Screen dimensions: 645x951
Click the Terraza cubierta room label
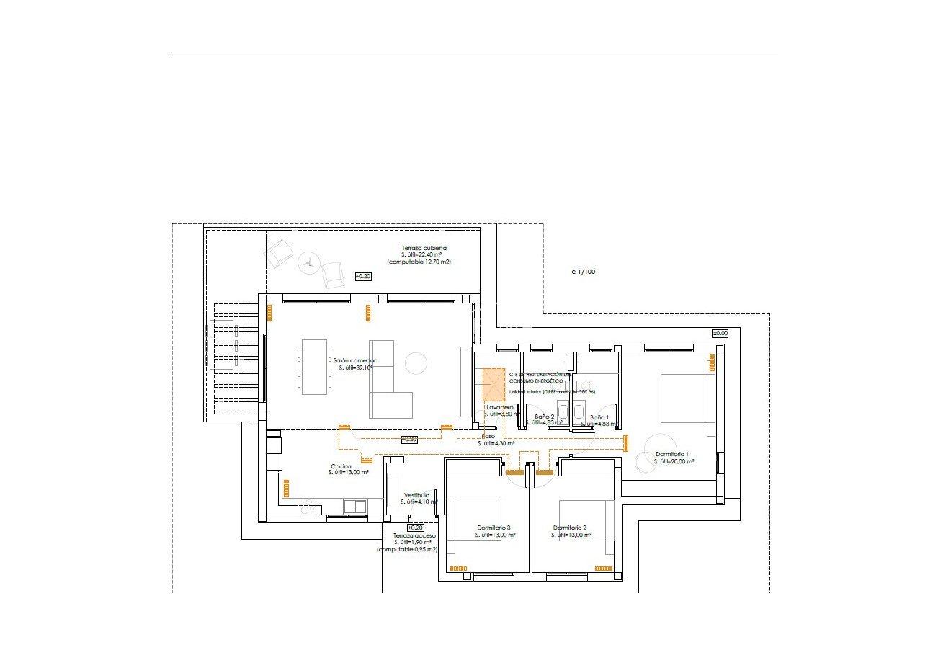click(x=424, y=248)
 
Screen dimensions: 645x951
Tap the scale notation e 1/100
click(x=583, y=272)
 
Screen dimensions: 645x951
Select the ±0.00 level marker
click(x=720, y=333)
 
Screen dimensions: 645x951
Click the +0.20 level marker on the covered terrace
click(x=364, y=276)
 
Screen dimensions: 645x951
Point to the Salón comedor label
click(x=354, y=360)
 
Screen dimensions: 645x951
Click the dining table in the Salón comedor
click(x=313, y=367)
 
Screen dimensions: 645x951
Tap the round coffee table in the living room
click(x=416, y=362)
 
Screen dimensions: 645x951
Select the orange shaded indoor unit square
click(x=494, y=384)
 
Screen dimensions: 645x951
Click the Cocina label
click(x=341, y=466)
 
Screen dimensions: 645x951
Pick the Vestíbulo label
click(x=416, y=495)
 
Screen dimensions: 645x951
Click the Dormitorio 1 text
click(x=671, y=454)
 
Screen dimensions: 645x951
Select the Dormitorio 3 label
click(x=494, y=527)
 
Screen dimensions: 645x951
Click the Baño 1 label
click(x=599, y=417)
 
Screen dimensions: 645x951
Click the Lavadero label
click(x=499, y=407)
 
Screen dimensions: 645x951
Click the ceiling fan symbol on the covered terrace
click(x=308, y=263)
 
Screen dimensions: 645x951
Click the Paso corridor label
click(x=488, y=437)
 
